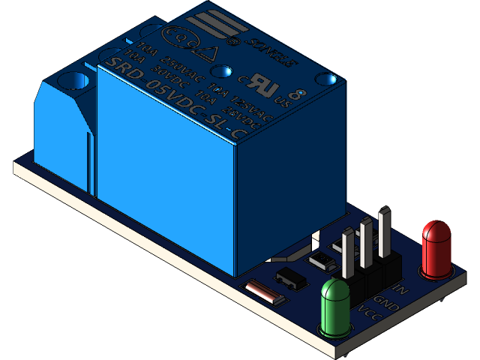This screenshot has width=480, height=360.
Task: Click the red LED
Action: coord(437,247)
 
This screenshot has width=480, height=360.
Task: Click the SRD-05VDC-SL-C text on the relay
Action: coord(177,97)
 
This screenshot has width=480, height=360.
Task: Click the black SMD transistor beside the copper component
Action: coord(291,277)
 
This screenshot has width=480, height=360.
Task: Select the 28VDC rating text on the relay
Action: coord(244,120)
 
